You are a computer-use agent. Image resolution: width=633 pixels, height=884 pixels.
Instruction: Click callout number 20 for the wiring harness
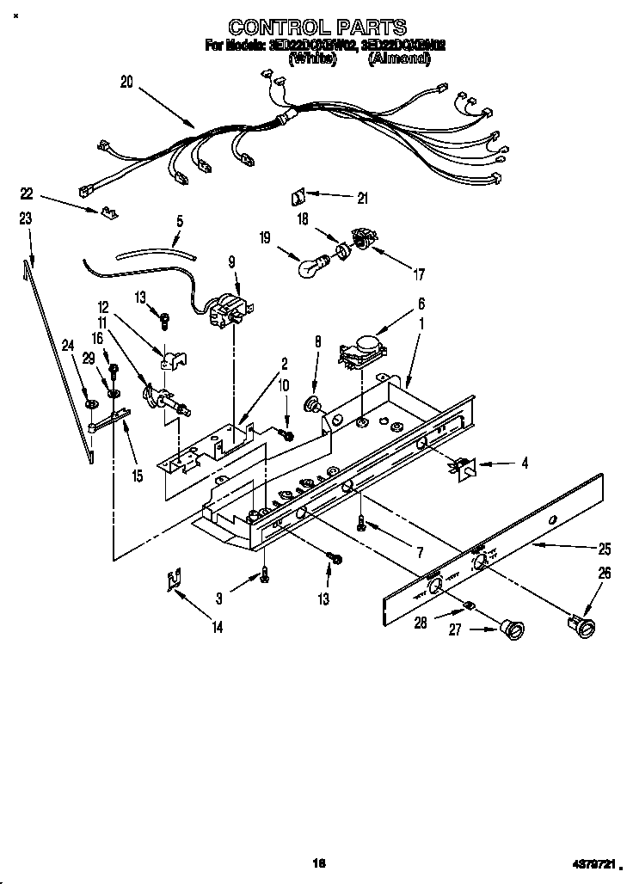126,83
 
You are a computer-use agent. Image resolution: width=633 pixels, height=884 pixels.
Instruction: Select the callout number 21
362,199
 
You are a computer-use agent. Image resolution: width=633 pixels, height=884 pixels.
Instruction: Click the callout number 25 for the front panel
605,548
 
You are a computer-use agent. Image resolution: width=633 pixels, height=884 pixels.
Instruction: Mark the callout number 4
524,463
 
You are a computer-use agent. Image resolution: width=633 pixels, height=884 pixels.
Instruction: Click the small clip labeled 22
107,210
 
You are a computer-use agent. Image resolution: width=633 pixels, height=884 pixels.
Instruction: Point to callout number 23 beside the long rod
25,219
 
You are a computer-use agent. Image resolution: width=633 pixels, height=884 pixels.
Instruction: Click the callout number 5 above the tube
180,220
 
